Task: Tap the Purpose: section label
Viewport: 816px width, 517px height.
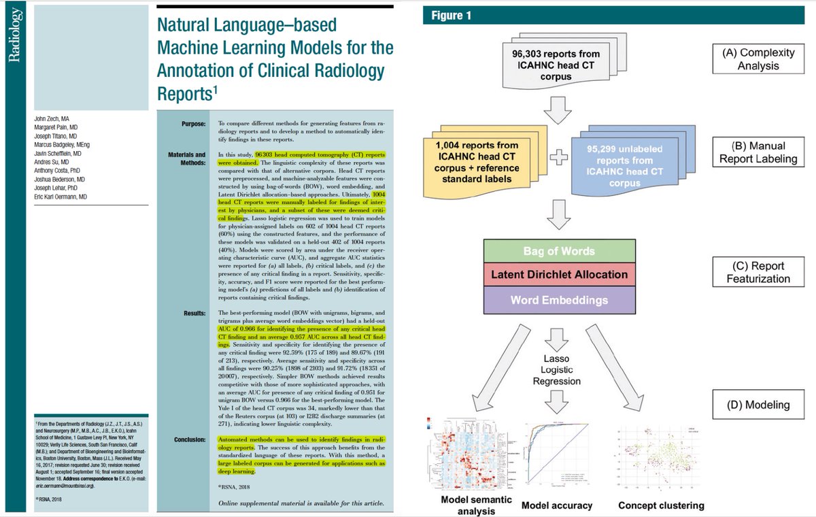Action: click(190, 124)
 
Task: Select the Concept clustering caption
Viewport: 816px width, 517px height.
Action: click(661, 505)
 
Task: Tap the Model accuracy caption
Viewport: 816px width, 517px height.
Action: click(556, 505)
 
